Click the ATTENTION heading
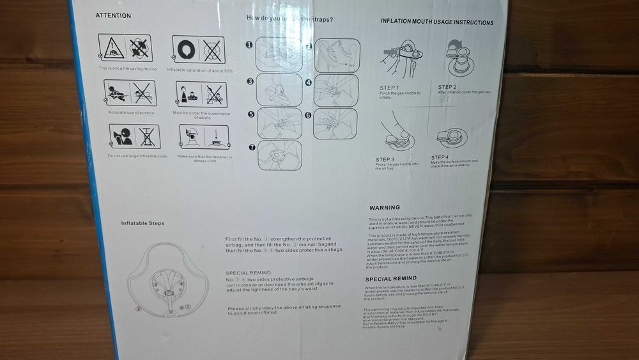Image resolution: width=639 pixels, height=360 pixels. [113, 15]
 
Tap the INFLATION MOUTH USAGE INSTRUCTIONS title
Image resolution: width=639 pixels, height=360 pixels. [436, 22]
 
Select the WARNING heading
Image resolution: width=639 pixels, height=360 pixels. [384, 208]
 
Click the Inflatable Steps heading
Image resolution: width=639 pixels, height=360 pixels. [142, 223]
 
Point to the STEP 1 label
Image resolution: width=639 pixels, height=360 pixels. [389, 88]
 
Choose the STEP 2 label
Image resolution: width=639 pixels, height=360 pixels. [447, 86]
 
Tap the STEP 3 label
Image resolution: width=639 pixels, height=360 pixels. [385, 159]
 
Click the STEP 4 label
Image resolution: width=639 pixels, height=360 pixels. [440, 157]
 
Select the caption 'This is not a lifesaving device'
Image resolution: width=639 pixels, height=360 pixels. [127, 68]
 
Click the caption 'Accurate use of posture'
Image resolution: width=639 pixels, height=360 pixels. [131, 113]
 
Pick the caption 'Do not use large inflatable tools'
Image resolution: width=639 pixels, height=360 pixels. [137, 156]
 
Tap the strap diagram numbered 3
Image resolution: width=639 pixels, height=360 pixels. [279, 90]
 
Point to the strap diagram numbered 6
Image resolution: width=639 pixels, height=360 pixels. [335, 123]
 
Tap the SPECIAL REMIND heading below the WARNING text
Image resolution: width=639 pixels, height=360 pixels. [391, 279]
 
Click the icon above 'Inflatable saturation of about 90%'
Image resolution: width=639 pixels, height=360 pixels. [198, 49]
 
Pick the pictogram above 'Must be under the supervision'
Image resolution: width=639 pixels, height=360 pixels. [201, 95]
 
